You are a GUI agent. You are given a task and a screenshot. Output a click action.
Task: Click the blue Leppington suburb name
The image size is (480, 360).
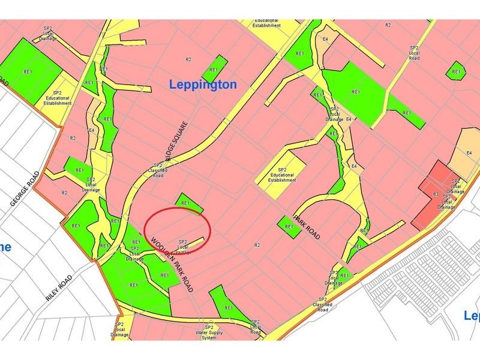(203, 84)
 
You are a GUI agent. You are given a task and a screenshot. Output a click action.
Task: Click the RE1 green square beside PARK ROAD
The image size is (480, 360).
(289, 226)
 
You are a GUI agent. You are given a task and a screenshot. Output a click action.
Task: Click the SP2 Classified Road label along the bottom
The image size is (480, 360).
(323, 305)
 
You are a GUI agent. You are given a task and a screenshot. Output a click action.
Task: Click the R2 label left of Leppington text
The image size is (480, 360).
(188, 60)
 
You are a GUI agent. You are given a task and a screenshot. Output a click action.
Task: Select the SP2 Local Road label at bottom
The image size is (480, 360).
(256, 327)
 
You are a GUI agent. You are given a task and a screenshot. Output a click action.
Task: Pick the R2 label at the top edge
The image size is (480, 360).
(388, 25)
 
